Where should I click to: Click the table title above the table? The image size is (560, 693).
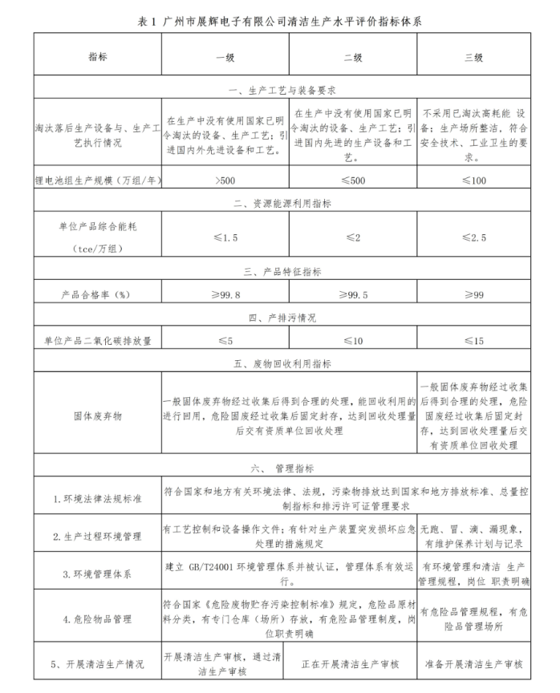(280, 22)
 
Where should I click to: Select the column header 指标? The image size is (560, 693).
(97, 58)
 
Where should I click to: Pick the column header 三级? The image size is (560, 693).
(473, 58)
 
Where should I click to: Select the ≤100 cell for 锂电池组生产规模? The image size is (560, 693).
(473, 181)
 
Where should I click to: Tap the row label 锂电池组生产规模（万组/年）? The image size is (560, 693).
(97, 181)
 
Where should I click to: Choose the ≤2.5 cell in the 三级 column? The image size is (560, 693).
(473, 238)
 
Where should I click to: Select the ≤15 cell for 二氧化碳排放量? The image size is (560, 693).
(473, 341)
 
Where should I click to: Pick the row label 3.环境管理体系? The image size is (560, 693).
(97, 574)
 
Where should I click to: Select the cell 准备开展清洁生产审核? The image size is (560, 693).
(473, 664)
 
